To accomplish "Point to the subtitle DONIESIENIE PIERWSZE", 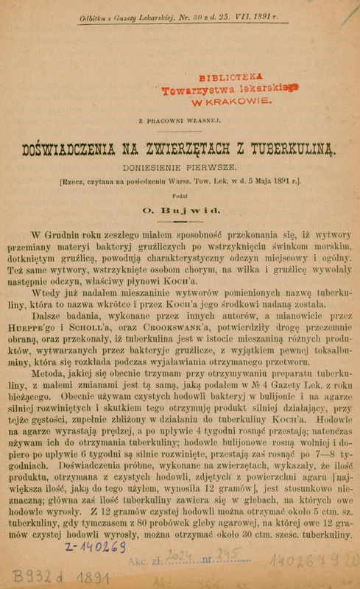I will pos(180,166).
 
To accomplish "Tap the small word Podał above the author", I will pos(180,196).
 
